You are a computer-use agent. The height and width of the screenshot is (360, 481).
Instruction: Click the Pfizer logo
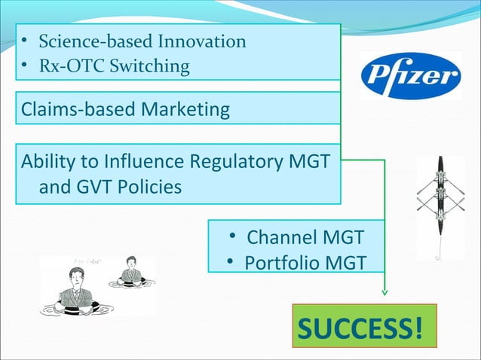(411, 76)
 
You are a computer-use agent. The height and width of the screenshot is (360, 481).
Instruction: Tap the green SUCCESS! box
(363, 328)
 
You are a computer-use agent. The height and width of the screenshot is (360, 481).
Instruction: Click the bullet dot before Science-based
(25, 41)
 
